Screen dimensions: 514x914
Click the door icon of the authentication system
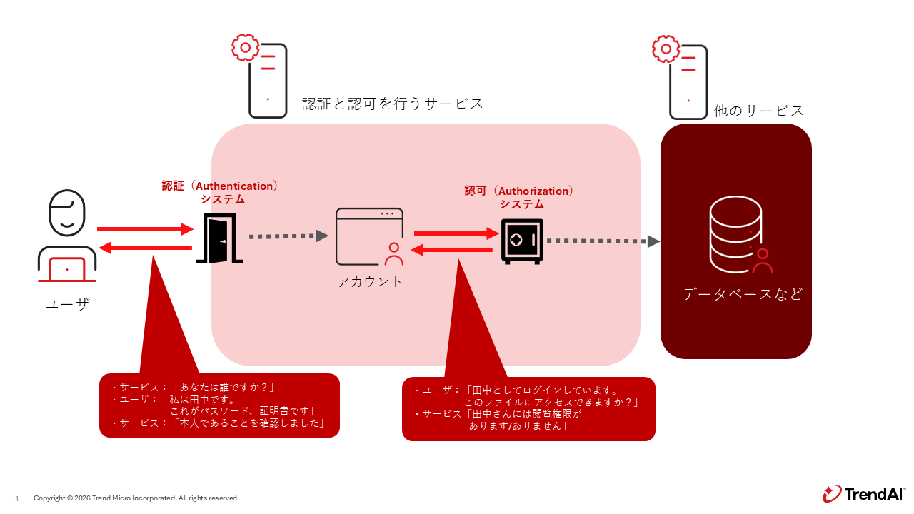click(219, 238)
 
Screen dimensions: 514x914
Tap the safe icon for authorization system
click(522, 241)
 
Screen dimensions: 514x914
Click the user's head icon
click(67, 213)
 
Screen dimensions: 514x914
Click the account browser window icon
click(369, 236)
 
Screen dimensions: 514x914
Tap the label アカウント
click(370, 281)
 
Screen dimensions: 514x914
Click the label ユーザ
click(67, 304)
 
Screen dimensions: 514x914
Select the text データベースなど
click(743, 294)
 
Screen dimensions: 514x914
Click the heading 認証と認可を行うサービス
click(393, 104)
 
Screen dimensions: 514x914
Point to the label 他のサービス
click(759, 111)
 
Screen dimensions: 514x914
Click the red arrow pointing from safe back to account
click(453, 250)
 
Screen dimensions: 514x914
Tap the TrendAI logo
click(863, 494)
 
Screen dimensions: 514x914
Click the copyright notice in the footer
click(136, 498)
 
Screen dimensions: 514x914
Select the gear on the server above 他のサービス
click(666, 49)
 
